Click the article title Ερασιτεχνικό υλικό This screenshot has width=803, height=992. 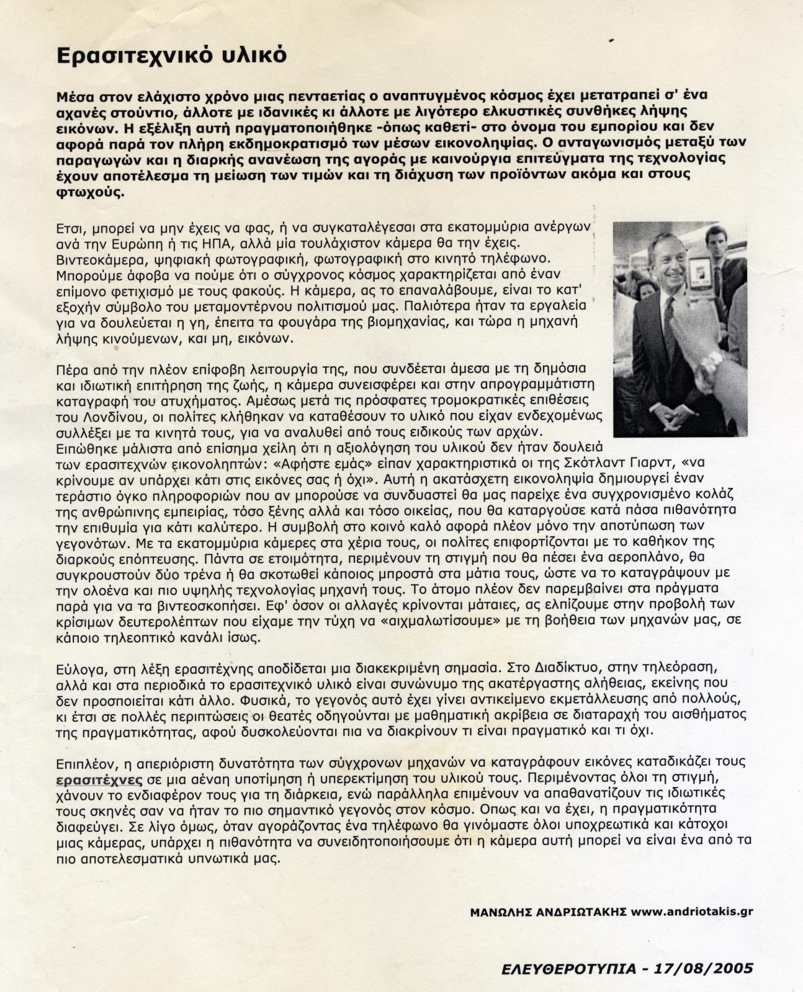pos(171,56)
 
